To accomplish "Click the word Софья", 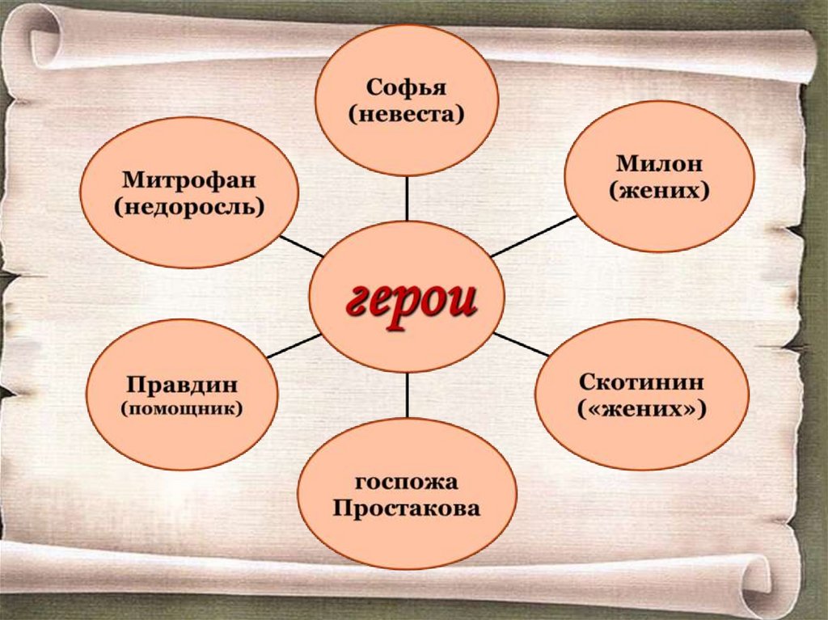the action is tap(406, 86).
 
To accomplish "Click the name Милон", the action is tap(659, 163).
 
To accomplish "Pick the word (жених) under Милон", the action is tap(659, 191).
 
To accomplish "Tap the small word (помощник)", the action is tap(182, 408).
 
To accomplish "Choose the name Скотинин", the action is tap(642, 382).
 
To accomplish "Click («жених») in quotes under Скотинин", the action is tap(642, 410).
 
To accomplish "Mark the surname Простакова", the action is tap(406, 509).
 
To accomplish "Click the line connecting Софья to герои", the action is tap(407, 198).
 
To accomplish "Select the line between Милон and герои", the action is tap(534, 236).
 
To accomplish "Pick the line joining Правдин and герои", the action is tap(294, 345).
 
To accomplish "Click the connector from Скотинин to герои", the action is tap(522, 344).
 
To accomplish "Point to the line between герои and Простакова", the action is tap(407, 395).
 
